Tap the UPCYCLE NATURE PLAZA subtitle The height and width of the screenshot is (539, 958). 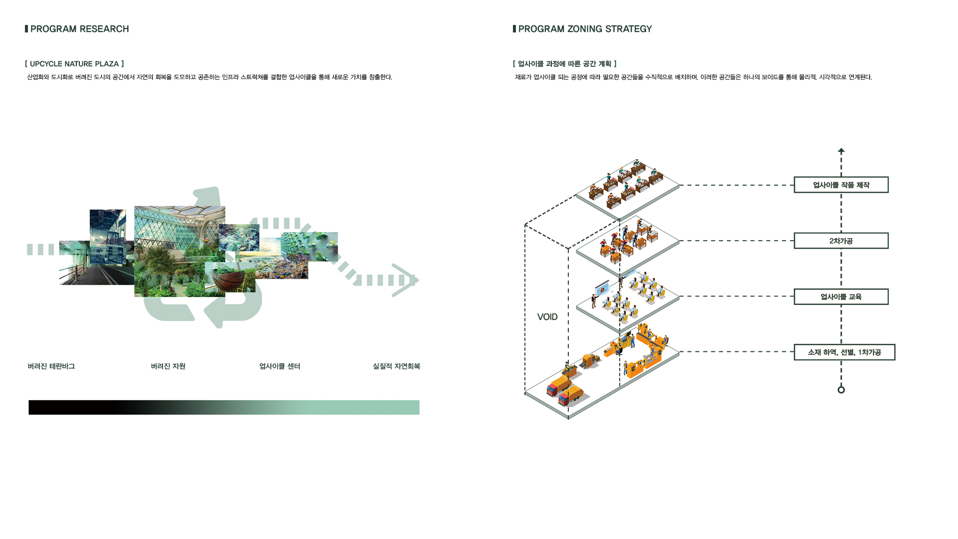click(x=74, y=64)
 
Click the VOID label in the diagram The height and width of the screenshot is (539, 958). click(x=547, y=317)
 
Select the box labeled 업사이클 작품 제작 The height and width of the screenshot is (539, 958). click(x=841, y=185)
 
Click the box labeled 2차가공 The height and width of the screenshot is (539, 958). click(x=841, y=241)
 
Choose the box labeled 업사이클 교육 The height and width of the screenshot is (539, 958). click(x=841, y=296)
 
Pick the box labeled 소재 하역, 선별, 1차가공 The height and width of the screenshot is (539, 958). click(x=844, y=352)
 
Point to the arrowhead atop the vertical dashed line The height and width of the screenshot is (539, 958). click(x=841, y=151)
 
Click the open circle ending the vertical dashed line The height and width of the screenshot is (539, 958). click(x=841, y=390)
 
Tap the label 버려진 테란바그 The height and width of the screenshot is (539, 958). click(x=51, y=366)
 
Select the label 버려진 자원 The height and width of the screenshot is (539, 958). click(x=168, y=366)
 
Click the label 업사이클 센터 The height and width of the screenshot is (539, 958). click(x=279, y=366)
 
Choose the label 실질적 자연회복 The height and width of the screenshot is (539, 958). click(x=396, y=366)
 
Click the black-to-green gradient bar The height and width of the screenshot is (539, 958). click(x=224, y=407)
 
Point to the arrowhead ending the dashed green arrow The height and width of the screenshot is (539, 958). click(x=407, y=280)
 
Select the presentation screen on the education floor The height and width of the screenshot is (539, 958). click(x=603, y=289)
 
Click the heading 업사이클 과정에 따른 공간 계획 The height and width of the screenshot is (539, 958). click(x=564, y=64)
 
